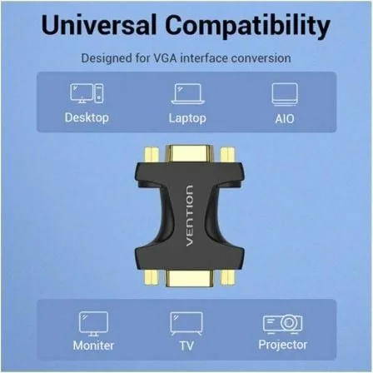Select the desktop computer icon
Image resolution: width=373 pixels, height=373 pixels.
tap(87, 93)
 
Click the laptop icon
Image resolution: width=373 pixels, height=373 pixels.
tap(187, 93)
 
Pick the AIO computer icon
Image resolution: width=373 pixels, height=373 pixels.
tap(285, 93)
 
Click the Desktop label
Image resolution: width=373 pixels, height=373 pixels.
tap(87, 117)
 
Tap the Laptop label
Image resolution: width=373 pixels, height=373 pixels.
tap(187, 117)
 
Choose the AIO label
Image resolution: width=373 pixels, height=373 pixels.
tap(285, 117)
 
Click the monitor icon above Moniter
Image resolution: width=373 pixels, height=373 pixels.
tap(93, 322)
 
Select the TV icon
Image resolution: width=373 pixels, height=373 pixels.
tap(186, 322)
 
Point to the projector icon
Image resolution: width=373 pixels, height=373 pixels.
tap(281, 322)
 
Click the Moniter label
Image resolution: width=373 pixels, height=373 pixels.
tap(93, 345)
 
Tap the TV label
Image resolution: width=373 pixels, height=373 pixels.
tap(186, 345)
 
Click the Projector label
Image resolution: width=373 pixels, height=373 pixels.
tap(281, 345)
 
